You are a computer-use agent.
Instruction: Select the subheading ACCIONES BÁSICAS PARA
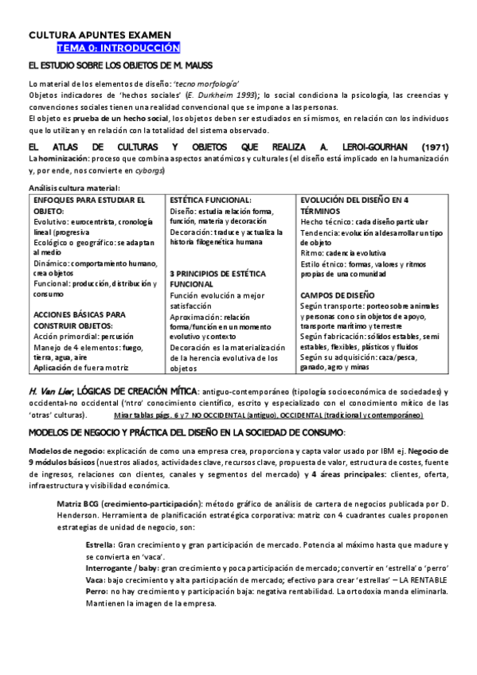click(x=80, y=314)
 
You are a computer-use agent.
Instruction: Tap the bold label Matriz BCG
click(x=79, y=504)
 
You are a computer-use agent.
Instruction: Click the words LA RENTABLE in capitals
click(x=419, y=580)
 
